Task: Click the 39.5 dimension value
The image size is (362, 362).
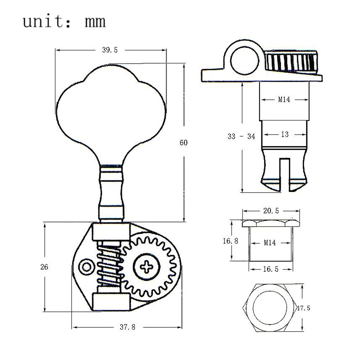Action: pyautogui.click(x=110, y=50)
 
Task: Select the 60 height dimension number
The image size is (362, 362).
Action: pyautogui.click(x=184, y=143)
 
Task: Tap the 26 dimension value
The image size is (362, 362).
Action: pyautogui.click(x=44, y=267)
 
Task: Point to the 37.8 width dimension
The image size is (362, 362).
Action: pyautogui.click(x=127, y=327)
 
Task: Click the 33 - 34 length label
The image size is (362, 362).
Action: pyautogui.click(x=241, y=136)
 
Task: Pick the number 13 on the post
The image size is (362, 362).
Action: pyautogui.click(x=285, y=134)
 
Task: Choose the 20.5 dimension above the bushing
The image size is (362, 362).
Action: pyautogui.click(x=271, y=211)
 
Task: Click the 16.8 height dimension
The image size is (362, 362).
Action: pyautogui.click(x=230, y=241)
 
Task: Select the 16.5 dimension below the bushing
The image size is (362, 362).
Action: pyautogui.click(x=271, y=269)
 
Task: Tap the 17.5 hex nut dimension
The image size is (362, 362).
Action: pyautogui.click(x=304, y=308)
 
